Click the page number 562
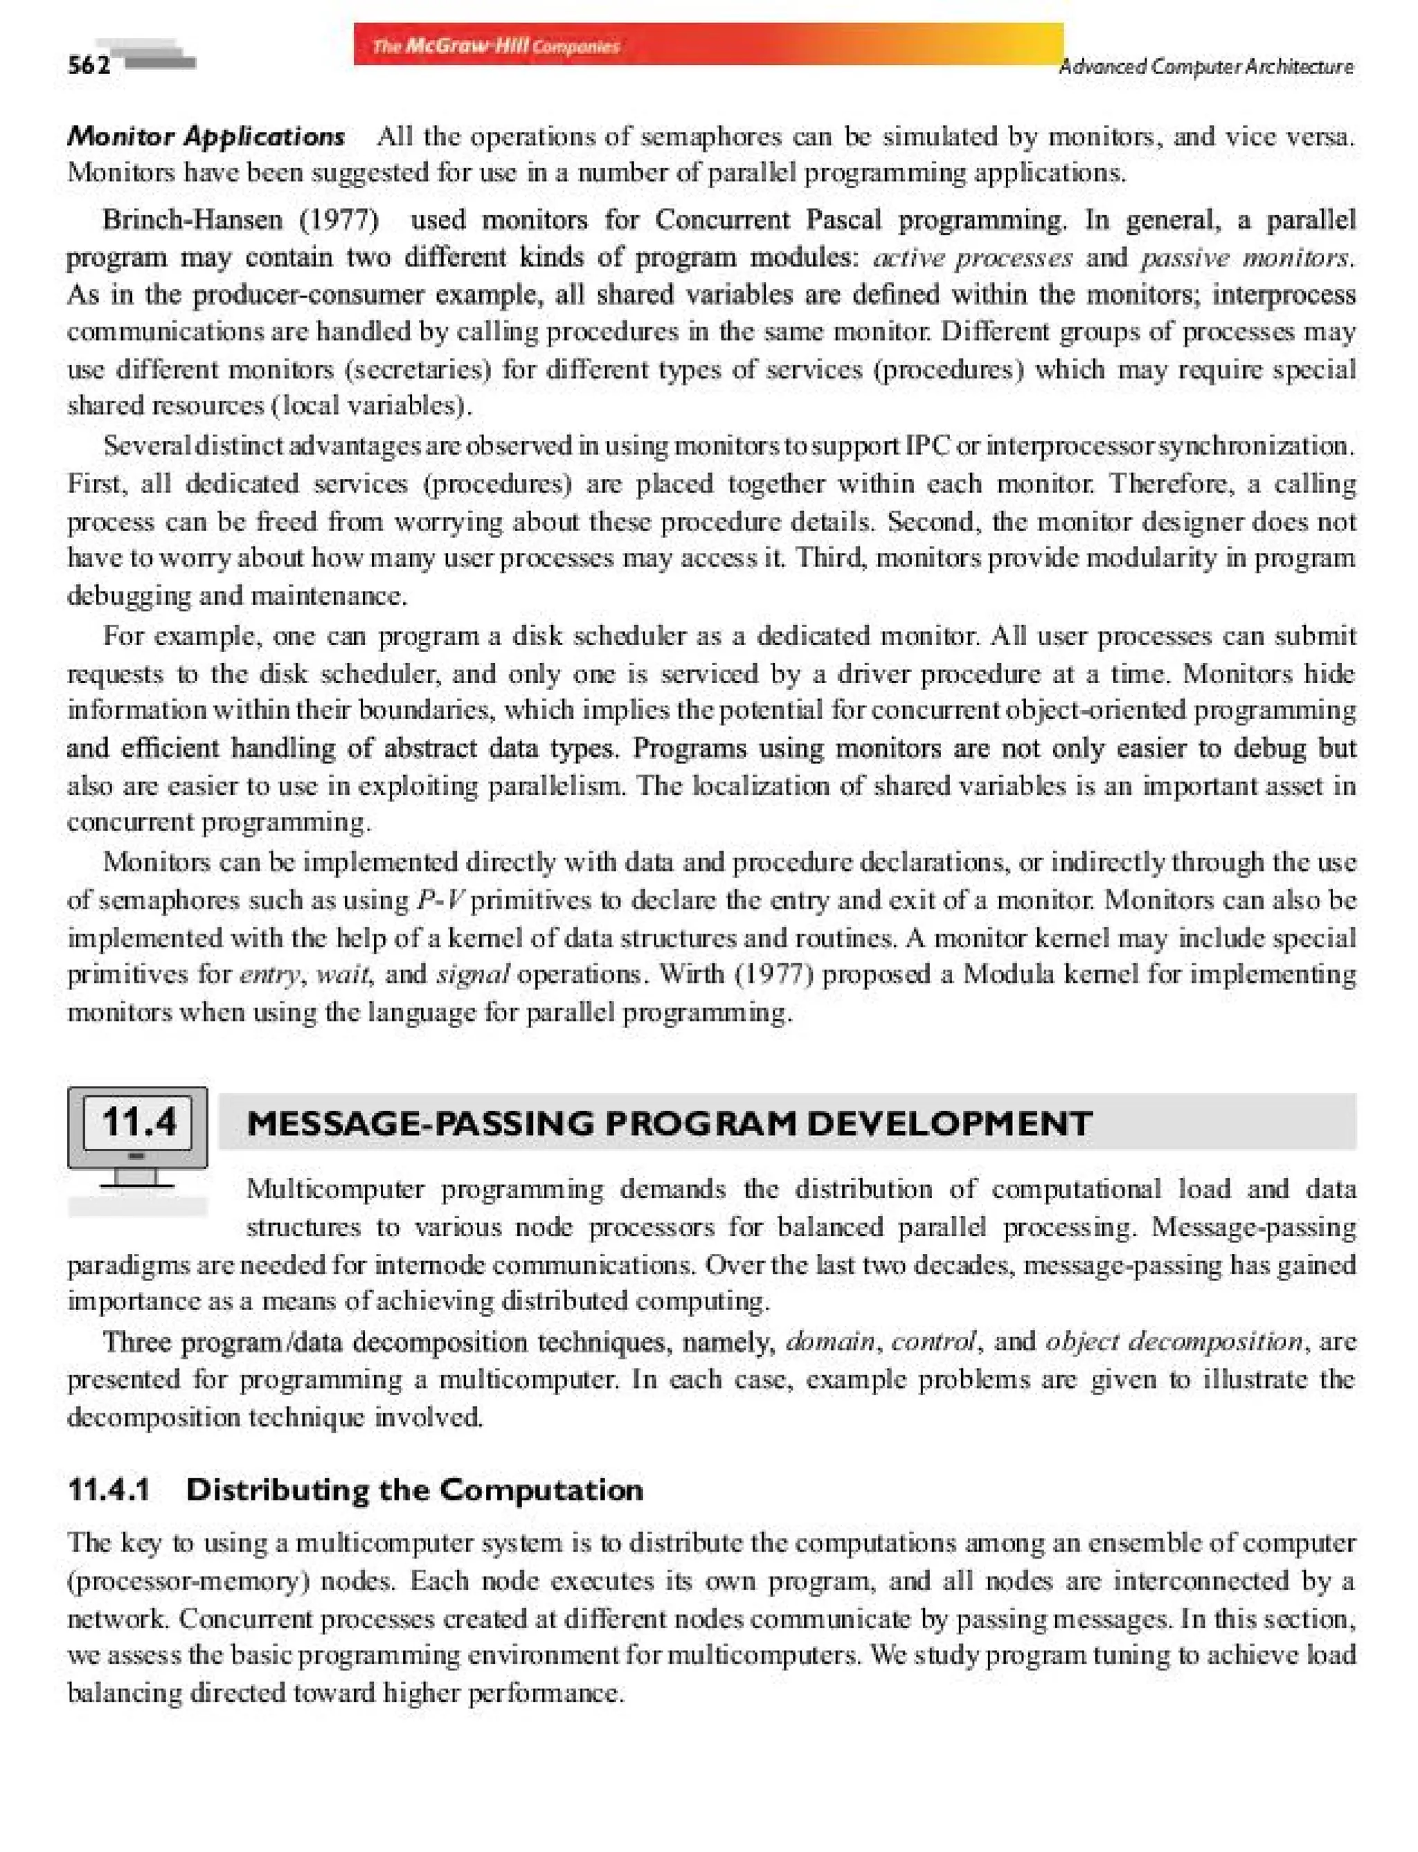pos(89,66)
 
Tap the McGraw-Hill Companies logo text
pos(496,46)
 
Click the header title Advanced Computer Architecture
pos(1205,66)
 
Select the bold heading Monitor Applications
pos(206,136)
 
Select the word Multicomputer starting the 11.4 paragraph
pos(335,1190)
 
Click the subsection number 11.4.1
pos(109,1490)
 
